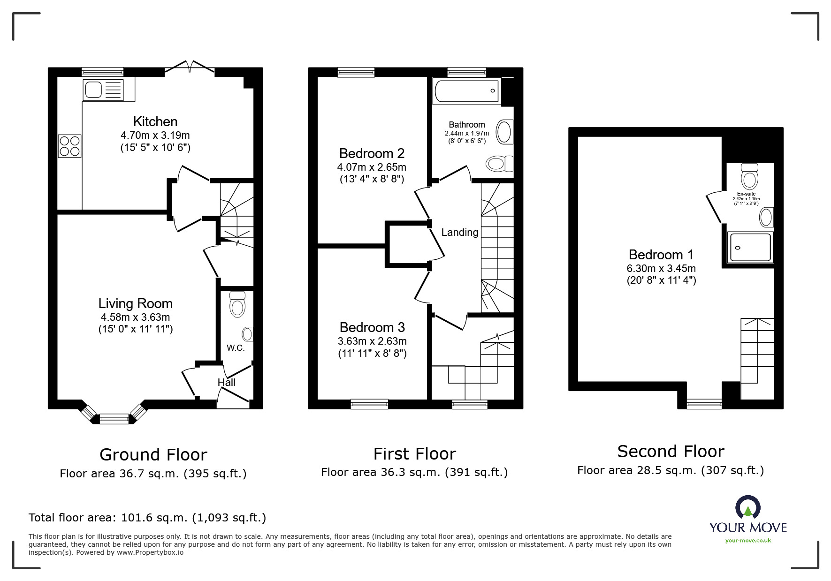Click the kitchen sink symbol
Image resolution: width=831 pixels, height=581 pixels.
click(x=103, y=89)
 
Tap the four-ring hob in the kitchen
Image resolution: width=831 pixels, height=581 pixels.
click(x=69, y=146)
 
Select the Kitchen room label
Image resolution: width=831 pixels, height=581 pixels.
click(x=155, y=121)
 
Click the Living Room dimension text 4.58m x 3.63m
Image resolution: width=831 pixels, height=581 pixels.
click(x=135, y=317)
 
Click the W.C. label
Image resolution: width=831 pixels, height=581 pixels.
click(x=236, y=348)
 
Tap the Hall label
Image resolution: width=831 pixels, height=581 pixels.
click(x=226, y=383)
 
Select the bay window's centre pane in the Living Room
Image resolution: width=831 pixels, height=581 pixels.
click(x=114, y=418)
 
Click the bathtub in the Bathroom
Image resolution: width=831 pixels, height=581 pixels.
click(x=467, y=91)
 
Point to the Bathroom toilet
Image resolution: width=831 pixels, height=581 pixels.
click(x=499, y=164)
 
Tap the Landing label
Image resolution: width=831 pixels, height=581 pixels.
click(x=460, y=232)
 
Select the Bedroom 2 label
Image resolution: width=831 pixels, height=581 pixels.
click(x=372, y=153)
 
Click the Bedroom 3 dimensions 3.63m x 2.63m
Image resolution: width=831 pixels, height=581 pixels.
click(x=372, y=341)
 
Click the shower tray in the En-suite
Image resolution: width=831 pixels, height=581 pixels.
click(x=750, y=247)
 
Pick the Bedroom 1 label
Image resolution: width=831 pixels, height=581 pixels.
click(x=661, y=255)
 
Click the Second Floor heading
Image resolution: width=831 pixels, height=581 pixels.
click(x=671, y=451)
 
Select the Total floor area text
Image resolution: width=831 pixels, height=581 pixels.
click(x=147, y=518)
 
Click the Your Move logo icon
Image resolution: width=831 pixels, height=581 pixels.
click(x=747, y=509)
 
